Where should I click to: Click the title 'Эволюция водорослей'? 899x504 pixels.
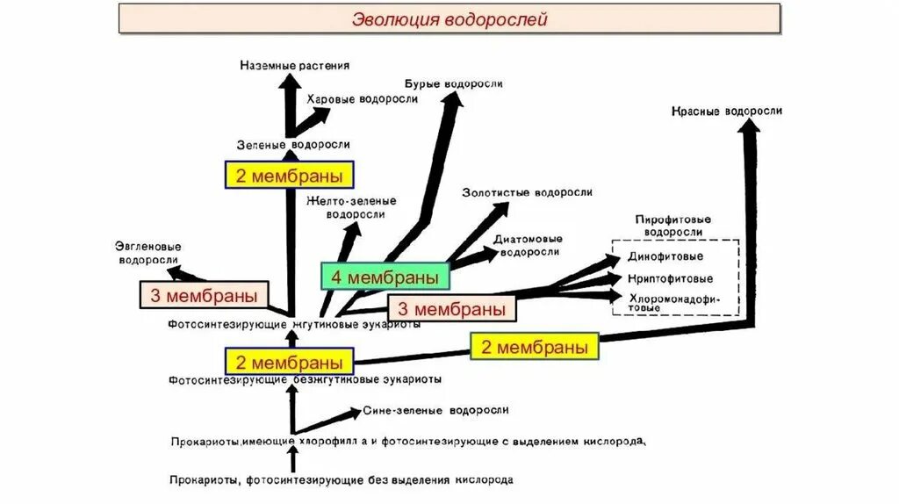[449, 19]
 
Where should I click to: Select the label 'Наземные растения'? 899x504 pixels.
[295, 65]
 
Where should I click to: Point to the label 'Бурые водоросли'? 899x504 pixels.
[454, 84]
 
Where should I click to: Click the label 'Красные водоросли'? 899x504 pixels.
[726, 112]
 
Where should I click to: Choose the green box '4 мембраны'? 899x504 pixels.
[385, 277]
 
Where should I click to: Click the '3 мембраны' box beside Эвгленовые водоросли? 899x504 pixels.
[204, 295]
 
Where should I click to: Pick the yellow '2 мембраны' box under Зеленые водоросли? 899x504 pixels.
[290, 176]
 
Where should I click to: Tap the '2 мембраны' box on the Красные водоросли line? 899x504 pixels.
[535, 347]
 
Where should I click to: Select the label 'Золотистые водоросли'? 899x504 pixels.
[528, 192]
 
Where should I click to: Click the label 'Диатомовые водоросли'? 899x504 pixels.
[528, 245]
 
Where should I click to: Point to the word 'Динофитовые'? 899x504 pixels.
[665, 257]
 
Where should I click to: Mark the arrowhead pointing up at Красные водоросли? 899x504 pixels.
[749, 128]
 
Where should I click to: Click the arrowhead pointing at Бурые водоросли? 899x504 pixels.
[453, 101]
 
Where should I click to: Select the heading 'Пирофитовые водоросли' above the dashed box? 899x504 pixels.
[672, 225]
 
